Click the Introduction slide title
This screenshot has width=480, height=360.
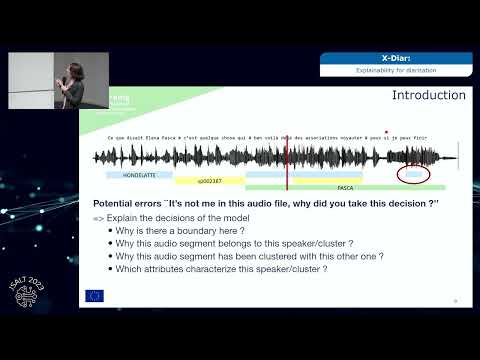pyautogui.click(x=428, y=96)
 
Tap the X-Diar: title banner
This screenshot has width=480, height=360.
pyautogui.click(x=395, y=58)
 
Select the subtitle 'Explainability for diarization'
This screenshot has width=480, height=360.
pyautogui.click(x=395, y=71)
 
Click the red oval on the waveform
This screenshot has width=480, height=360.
pyautogui.click(x=413, y=173)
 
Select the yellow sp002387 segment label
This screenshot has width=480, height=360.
pyautogui.click(x=209, y=181)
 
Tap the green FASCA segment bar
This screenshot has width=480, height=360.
pyautogui.click(x=345, y=187)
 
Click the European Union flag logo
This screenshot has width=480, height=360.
pyautogui.click(x=95, y=295)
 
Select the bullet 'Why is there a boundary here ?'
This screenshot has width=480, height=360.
pyautogui.click(x=179, y=231)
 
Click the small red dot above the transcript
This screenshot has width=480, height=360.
pyautogui.click(x=386, y=131)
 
